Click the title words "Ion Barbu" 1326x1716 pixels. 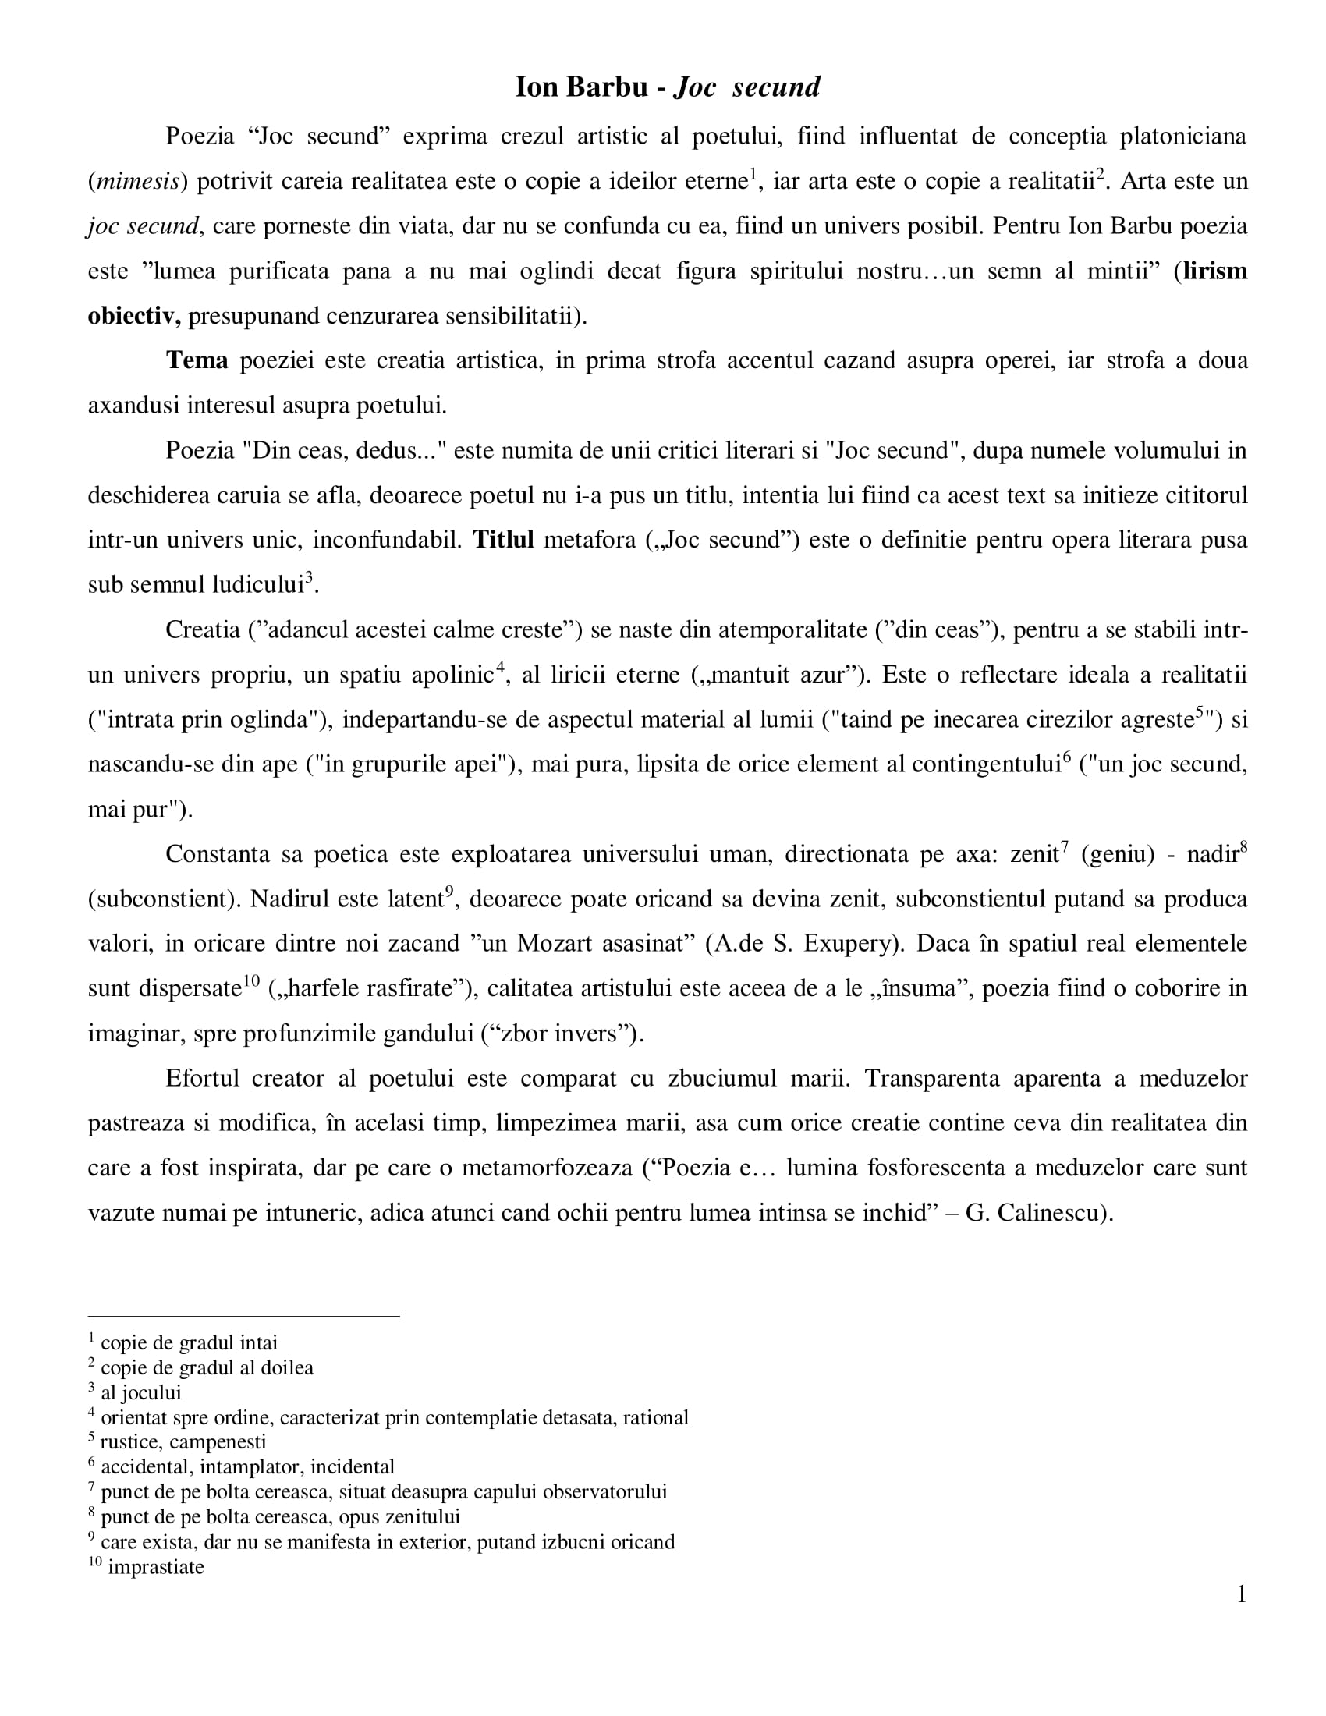(580, 87)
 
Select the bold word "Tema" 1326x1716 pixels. (197, 360)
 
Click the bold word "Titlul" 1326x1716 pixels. (503, 541)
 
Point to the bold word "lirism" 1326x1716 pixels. (1214, 271)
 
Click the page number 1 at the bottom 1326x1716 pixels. (1241, 1594)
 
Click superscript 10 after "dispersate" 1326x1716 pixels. (250, 980)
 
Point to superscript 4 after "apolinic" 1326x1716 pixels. (500, 668)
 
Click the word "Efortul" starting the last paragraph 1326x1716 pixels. (203, 1079)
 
